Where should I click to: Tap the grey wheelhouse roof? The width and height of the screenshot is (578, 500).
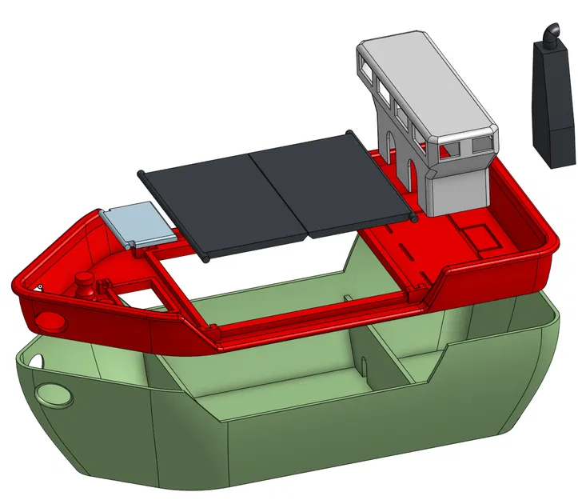coord(425,75)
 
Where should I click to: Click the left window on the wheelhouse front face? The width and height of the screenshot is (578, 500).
coord(452,149)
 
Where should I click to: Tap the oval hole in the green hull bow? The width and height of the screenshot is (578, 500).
coord(54,395)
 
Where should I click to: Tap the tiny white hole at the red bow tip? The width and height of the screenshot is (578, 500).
coord(38,286)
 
